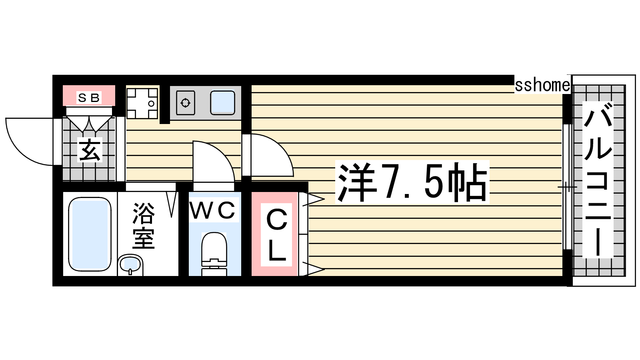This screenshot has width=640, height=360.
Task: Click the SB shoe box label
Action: [88, 98]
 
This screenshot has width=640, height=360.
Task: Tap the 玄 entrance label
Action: [90, 150]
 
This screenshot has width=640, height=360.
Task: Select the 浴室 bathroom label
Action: [144, 226]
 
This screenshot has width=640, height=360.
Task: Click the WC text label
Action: [212, 210]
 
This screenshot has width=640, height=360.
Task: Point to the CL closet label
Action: [276, 234]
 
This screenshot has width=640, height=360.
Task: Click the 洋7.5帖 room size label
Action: [412, 182]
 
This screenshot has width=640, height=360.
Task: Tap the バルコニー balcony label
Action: [598, 180]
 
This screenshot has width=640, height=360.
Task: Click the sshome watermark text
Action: [542, 85]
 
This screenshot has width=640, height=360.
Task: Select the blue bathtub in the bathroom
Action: [90, 234]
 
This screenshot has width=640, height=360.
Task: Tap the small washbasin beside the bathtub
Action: [130, 264]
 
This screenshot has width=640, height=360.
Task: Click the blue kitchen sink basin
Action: [222, 103]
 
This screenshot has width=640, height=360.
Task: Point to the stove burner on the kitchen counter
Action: [186, 103]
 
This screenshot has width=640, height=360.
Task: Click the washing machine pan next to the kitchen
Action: [142, 104]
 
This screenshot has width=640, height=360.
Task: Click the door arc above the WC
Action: [214, 162]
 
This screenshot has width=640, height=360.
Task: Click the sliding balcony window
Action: [568, 187]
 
